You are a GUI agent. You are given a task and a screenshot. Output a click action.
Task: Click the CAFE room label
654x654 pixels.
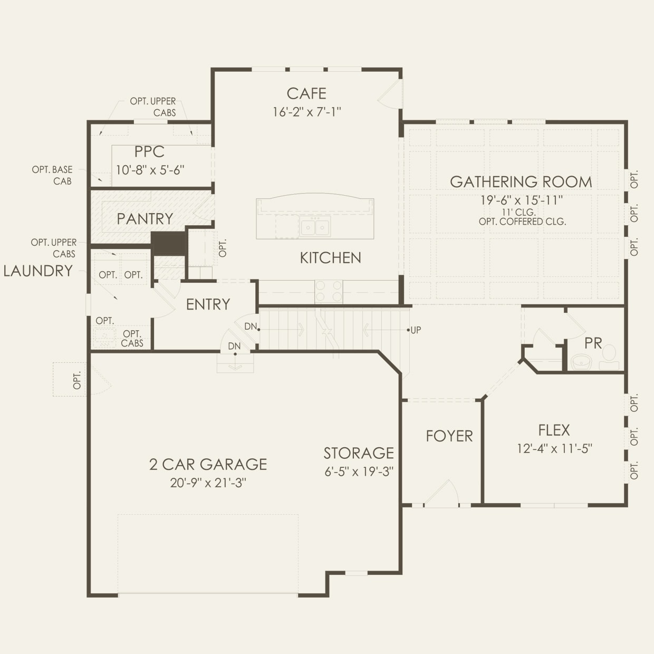(x=306, y=94)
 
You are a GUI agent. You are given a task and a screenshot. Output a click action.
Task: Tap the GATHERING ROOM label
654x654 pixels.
(x=521, y=182)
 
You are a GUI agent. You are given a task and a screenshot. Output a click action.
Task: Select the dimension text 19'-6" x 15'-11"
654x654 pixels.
(x=522, y=200)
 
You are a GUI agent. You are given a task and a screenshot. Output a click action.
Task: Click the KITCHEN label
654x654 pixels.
(x=330, y=258)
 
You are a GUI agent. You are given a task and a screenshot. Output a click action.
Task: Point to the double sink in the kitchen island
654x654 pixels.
(x=315, y=227)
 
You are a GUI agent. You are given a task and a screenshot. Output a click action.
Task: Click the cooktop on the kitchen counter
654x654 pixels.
(x=329, y=291)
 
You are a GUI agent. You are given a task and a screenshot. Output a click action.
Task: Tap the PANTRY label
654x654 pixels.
(x=145, y=219)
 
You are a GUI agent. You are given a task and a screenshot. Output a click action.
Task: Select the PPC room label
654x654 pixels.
(x=149, y=152)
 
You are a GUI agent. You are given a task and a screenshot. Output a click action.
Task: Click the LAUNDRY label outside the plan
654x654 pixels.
(x=38, y=271)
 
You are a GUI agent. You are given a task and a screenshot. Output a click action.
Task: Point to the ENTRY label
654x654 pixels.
(x=208, y=304)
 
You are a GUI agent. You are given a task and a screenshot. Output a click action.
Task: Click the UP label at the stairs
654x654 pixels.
(x=416, y=330)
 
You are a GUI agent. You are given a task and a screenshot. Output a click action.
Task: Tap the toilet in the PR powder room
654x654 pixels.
(x=610, y=357)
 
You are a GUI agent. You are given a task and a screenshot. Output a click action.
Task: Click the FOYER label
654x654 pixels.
(x=449, y=436)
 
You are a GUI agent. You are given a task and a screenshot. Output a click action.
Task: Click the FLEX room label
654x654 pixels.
(x=554, y=430)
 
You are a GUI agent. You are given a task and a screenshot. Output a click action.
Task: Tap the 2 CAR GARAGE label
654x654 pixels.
(x=208, y=465)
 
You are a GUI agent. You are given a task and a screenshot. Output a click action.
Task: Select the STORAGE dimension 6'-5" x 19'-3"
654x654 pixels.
(x=359, y=472)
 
